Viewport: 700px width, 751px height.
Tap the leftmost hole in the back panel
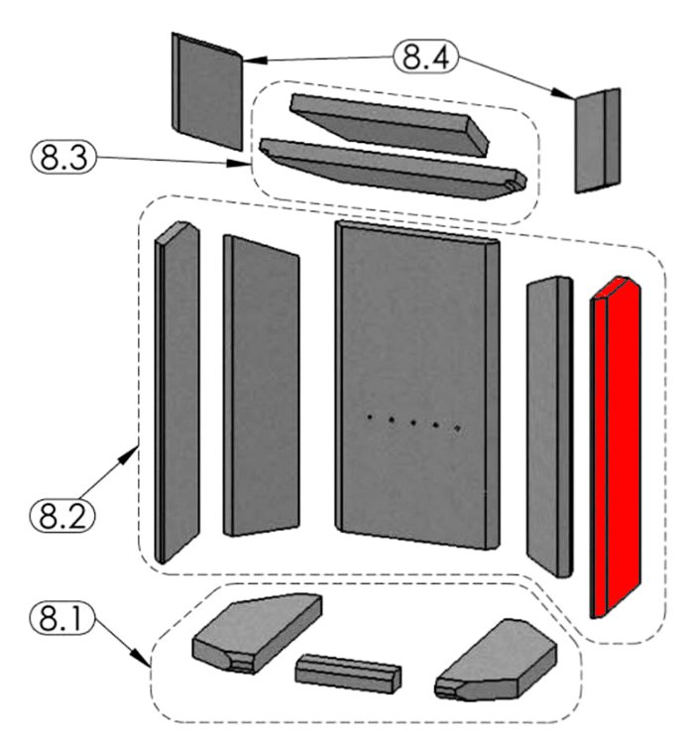(368, 418)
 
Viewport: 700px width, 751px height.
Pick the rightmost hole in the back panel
(457, 429)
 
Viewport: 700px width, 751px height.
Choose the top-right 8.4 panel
(599, 139)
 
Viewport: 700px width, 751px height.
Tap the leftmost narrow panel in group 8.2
(177, 392)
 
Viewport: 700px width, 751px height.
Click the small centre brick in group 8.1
(348, 672)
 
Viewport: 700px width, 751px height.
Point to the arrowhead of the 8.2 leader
(136, 449)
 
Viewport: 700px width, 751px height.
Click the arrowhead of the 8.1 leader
(150, 665)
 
